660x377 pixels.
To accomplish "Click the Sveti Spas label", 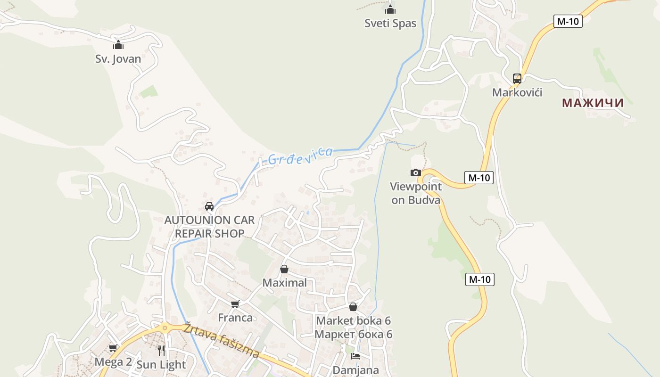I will [x=390, y=23].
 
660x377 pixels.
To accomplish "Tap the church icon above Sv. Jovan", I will [x=118, y=45].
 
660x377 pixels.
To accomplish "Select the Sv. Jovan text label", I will [x=118, y=59].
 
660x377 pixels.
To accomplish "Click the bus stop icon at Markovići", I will [x=517, y=79].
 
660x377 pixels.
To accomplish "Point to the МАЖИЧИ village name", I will [x=593, y=103].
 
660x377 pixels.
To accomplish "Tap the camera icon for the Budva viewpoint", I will [x=415, y=173].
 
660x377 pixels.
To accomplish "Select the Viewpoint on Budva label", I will [x=416, y=193].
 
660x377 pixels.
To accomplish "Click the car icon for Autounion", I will [x=209, y=206].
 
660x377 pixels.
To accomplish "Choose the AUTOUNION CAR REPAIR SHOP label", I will [x=209, y=227].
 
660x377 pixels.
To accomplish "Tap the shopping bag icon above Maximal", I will [x=284, y=269].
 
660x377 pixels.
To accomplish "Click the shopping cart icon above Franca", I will [x=235, y=304].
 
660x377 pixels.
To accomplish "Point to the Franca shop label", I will [x=235, y=318].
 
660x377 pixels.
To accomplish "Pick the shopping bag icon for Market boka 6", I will [x=353, y=307].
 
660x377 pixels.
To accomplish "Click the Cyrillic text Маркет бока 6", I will [x=353, y=334].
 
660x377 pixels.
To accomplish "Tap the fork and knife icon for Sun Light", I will [x=161, y=350].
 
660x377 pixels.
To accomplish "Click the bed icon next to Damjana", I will [x=355, y=356].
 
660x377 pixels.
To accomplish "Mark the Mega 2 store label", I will [x=113, y=362].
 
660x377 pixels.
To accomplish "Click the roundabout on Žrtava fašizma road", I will [x=165, y=328].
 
